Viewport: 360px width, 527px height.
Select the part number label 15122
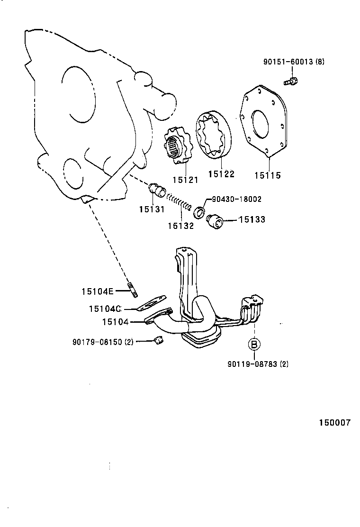[221, 174]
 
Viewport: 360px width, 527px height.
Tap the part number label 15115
[267, 176]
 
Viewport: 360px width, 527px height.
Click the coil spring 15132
[180, 203]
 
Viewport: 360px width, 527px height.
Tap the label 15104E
[97, 291]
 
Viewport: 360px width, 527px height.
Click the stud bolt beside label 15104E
[132, 290]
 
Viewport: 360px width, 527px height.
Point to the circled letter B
[254, 345]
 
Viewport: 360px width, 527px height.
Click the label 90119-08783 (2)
[258, 364]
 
